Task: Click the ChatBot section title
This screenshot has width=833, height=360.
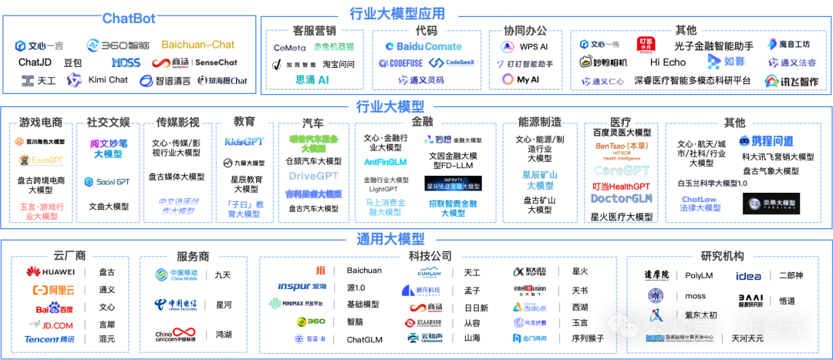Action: click(130, 18)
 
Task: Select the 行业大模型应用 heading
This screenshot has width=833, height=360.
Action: click(398, 13)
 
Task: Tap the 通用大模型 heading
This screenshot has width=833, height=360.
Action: click(390, 238)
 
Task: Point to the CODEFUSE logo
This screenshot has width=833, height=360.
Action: click(400, 63)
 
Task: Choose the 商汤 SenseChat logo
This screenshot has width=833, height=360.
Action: click(197, 62)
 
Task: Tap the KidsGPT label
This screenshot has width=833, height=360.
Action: click(245, 142)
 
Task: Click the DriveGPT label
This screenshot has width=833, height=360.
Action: click(314, 176)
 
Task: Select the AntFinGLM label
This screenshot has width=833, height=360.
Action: click(386, 162)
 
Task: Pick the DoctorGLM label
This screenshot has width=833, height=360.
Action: click(621, 198)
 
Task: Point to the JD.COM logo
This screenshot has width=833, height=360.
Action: click(52, 325)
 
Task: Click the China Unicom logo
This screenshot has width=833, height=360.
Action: click(174, 334)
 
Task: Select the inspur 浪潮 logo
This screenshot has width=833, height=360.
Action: click(302, 287)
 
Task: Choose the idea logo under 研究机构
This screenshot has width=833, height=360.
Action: click(747, 276)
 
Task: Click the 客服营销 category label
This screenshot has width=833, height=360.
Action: click(314, 31)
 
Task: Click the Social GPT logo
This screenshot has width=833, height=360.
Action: click(108, 182)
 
